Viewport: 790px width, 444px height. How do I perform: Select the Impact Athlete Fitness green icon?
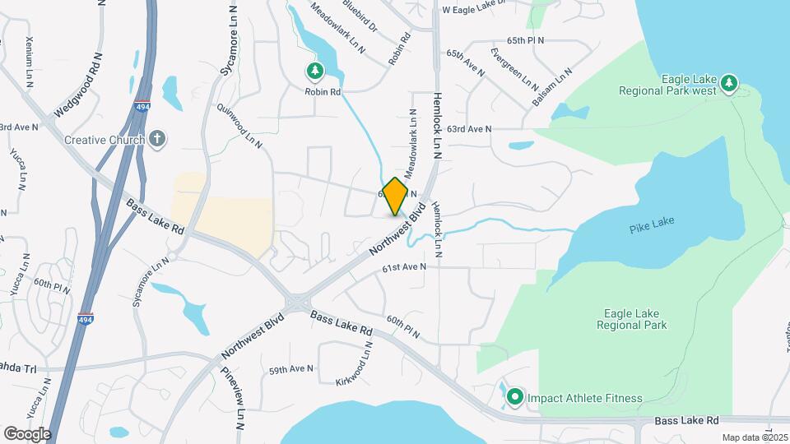515,398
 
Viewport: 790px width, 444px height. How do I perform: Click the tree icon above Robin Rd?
314,72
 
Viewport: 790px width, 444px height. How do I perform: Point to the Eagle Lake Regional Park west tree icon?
728,83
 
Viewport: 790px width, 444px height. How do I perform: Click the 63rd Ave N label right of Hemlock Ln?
469,129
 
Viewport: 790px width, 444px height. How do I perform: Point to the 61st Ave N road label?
404,267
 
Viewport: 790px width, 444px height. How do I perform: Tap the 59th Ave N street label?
291,370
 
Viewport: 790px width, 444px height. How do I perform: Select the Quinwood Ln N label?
239,125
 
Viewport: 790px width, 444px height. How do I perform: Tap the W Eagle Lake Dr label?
482,11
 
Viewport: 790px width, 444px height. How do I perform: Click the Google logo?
27,433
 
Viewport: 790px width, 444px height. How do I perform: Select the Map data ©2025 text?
752,437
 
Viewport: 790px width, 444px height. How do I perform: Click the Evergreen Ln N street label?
514,69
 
